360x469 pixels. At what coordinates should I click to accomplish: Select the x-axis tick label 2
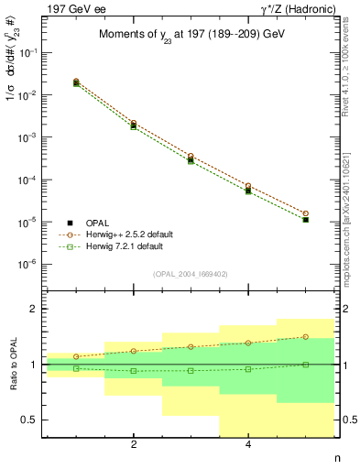click(134, 445)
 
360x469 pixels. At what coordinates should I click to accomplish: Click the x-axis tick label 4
click(248, 445)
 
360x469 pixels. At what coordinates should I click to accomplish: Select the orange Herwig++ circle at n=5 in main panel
click(306, 213)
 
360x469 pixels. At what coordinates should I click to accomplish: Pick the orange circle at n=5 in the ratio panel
click(306, 336)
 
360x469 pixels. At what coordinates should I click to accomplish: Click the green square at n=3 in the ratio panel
click(191, 371)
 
